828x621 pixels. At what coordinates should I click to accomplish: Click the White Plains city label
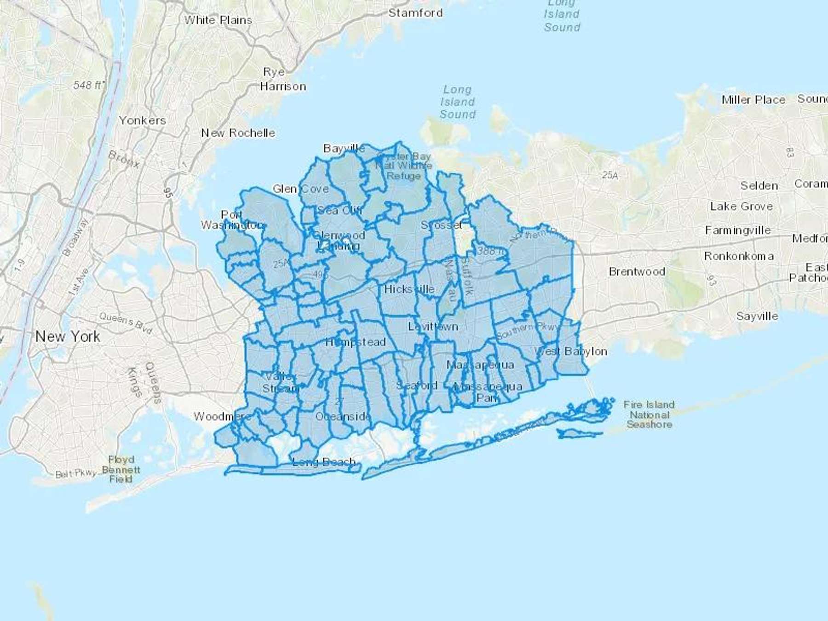point(218,20)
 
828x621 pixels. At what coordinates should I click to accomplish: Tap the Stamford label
point(415,13)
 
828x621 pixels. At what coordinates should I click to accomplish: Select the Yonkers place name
point(142,121)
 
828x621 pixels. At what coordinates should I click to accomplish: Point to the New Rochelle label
point(238,133)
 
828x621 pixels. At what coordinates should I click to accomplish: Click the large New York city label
point(68,337)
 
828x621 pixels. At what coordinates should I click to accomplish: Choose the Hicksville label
point(409,289)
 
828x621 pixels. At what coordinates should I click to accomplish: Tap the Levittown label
point(433,327)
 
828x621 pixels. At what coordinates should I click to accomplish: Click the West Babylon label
point(570,352)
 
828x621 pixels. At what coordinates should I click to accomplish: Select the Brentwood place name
point(637,272)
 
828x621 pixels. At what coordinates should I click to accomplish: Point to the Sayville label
point(757,316)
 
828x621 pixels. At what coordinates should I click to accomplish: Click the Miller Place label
point(753,100)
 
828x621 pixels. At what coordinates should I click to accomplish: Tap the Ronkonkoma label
point(739,256)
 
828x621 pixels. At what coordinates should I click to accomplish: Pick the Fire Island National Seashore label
point(649,414)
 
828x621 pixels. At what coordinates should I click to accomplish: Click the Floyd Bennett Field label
point(121,469)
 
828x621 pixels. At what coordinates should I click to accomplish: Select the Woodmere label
point(222,417)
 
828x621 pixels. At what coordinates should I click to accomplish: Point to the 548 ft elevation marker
point(88,85)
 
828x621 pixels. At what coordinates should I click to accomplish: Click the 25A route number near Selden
point(610,175)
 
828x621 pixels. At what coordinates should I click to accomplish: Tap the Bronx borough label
point(124,159)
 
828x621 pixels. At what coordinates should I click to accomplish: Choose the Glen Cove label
point(300,189)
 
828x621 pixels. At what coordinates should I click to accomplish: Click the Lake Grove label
point(741,207)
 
